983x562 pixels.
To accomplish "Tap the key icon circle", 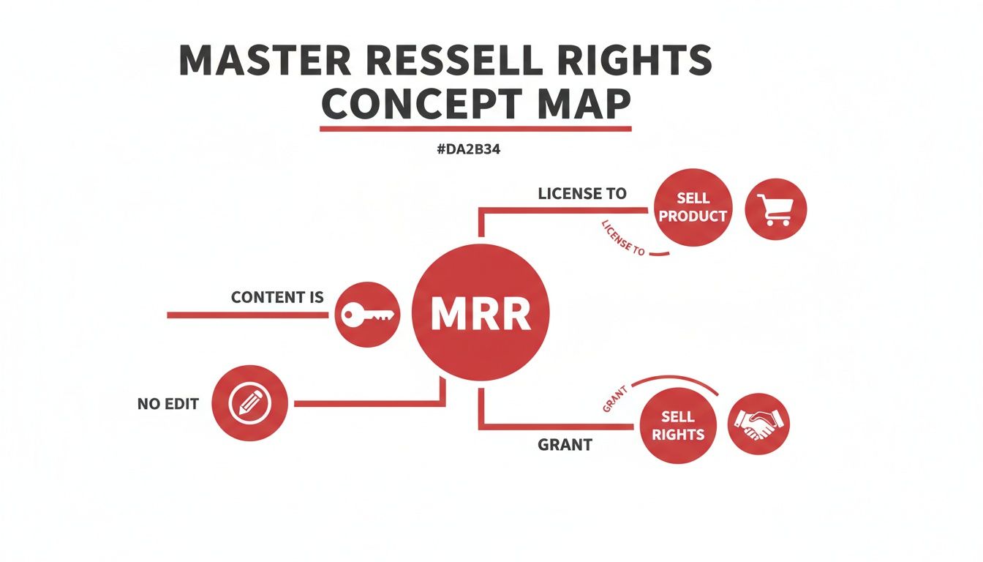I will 367,315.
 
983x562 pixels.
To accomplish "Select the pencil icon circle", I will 250,403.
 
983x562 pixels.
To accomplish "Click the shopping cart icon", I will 775,209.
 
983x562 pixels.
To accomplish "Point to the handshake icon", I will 758,424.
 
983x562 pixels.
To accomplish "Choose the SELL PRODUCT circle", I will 692,207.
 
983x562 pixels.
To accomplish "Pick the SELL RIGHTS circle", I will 677,425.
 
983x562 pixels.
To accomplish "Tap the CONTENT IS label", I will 277,297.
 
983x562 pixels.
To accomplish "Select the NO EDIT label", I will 168,404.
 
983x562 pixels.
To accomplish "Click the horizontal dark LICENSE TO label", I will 582,194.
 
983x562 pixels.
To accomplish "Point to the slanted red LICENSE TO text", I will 622,237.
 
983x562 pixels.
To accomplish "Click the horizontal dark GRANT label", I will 565,444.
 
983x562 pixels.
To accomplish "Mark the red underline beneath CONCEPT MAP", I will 475,129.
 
